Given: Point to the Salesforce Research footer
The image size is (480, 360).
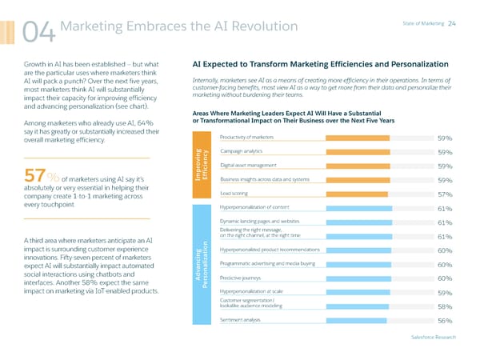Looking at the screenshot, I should [x=434, y=337].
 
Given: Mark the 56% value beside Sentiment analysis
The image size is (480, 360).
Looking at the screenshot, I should [x=446, y=321].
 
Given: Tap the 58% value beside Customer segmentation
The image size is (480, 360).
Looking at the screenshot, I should [x=446, y=306].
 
